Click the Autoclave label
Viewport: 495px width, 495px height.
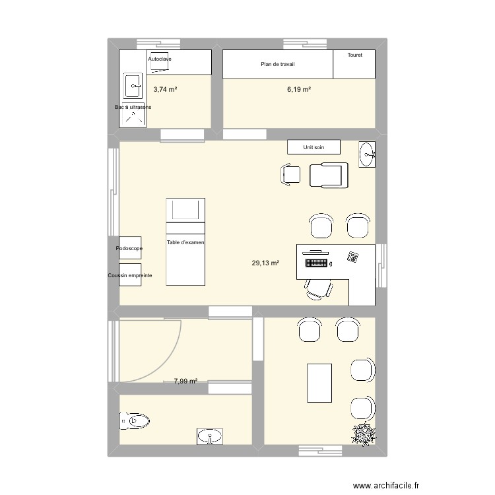click(x=160, y=59)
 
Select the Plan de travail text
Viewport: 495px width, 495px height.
click(x=277, y=64)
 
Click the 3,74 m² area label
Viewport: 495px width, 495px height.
click(x=165, y=89)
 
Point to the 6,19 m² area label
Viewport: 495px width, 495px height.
click(x=299, y=89)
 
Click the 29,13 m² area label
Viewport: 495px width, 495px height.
click(x=265, y=263)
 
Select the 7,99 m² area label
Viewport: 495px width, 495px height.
click(x=186, y=381)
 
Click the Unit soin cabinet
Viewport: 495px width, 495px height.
click(x=313, y=147)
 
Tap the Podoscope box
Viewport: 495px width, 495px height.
click(x=130, y=248)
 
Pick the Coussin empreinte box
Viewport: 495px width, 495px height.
click(x=130, y=275)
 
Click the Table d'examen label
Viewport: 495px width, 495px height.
click(x=185, y=243)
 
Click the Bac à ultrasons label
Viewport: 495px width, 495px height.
click(x=133, y=107)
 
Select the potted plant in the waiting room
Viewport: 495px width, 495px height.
click(x=364, y=434)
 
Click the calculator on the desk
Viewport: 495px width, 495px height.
click(x=353, y=256)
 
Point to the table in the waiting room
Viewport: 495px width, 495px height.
click(x=319, y=381)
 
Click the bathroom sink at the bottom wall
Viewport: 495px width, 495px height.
click(x=211, y=436)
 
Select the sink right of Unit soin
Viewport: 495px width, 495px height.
click(x=366, y=155)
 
